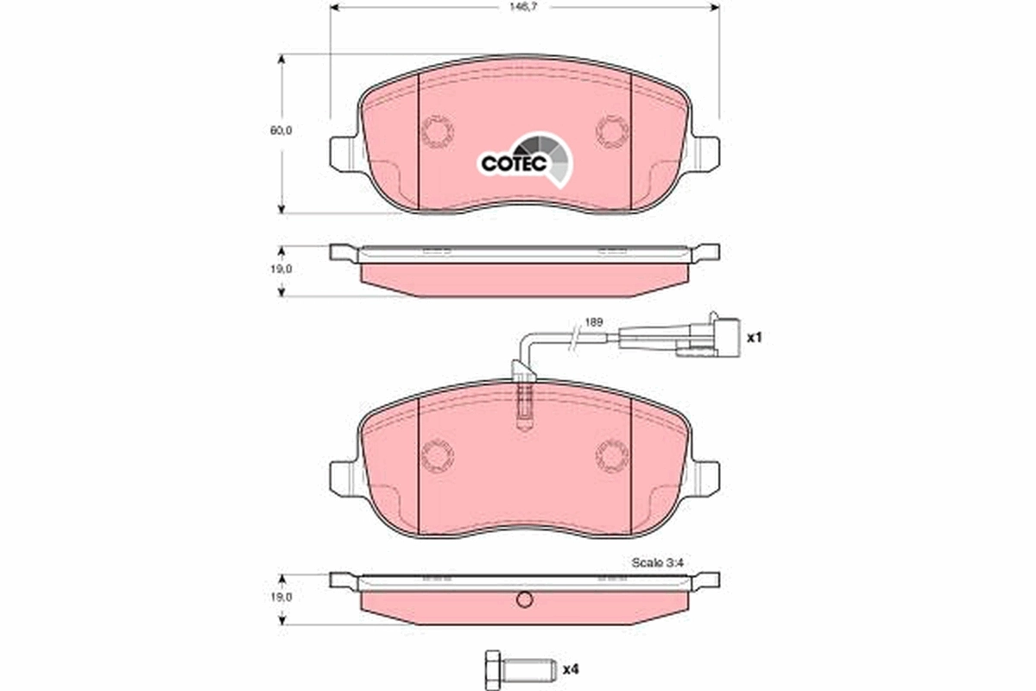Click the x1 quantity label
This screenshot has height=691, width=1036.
coord(755,337)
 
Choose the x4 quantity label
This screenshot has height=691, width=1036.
coord(570,669)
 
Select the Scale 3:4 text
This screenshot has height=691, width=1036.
coord(658,561)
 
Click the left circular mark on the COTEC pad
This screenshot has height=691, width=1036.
coord(438,131)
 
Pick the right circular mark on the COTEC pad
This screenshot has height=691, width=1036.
coord(612,130)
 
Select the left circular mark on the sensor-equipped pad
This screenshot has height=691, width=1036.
coord(438,454)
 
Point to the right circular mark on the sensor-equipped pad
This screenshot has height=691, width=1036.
coord(612,454)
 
